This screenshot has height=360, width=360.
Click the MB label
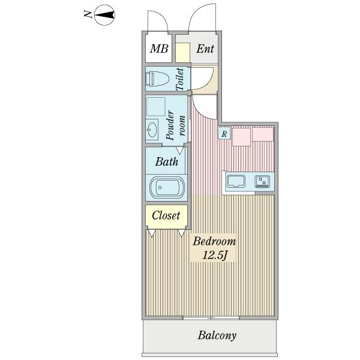[x=159, y=49]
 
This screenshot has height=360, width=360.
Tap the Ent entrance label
[x=205, y=49]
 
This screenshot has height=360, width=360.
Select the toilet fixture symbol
[x=158, y=79]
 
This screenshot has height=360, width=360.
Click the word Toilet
[x=180, y=79]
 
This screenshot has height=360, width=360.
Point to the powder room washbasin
[x=152, y=130]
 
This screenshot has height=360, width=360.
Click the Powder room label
[x=176, y=126]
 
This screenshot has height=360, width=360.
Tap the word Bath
[x=167, y=161]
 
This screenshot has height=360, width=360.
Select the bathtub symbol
[x=166, y=187]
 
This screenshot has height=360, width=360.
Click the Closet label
[x=166, y=215]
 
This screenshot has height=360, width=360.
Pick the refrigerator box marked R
[x=224, y=133]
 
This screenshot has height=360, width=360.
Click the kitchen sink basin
[x=236, y=181]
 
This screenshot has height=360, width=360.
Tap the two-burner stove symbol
[x=262, y=181]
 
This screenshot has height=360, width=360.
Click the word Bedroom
[x=214, y=242]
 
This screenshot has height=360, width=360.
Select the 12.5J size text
[x=214, y=256]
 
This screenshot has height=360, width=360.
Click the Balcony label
[x=217, y=335]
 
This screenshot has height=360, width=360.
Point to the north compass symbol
[x=104, y=15]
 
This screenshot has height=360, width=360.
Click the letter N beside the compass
[x=88, y=14]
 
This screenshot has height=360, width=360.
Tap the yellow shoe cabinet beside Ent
[x=183, y=53]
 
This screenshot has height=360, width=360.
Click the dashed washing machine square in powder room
[x=156, y=107]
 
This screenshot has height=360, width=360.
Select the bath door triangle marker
[x=180, y=151]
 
